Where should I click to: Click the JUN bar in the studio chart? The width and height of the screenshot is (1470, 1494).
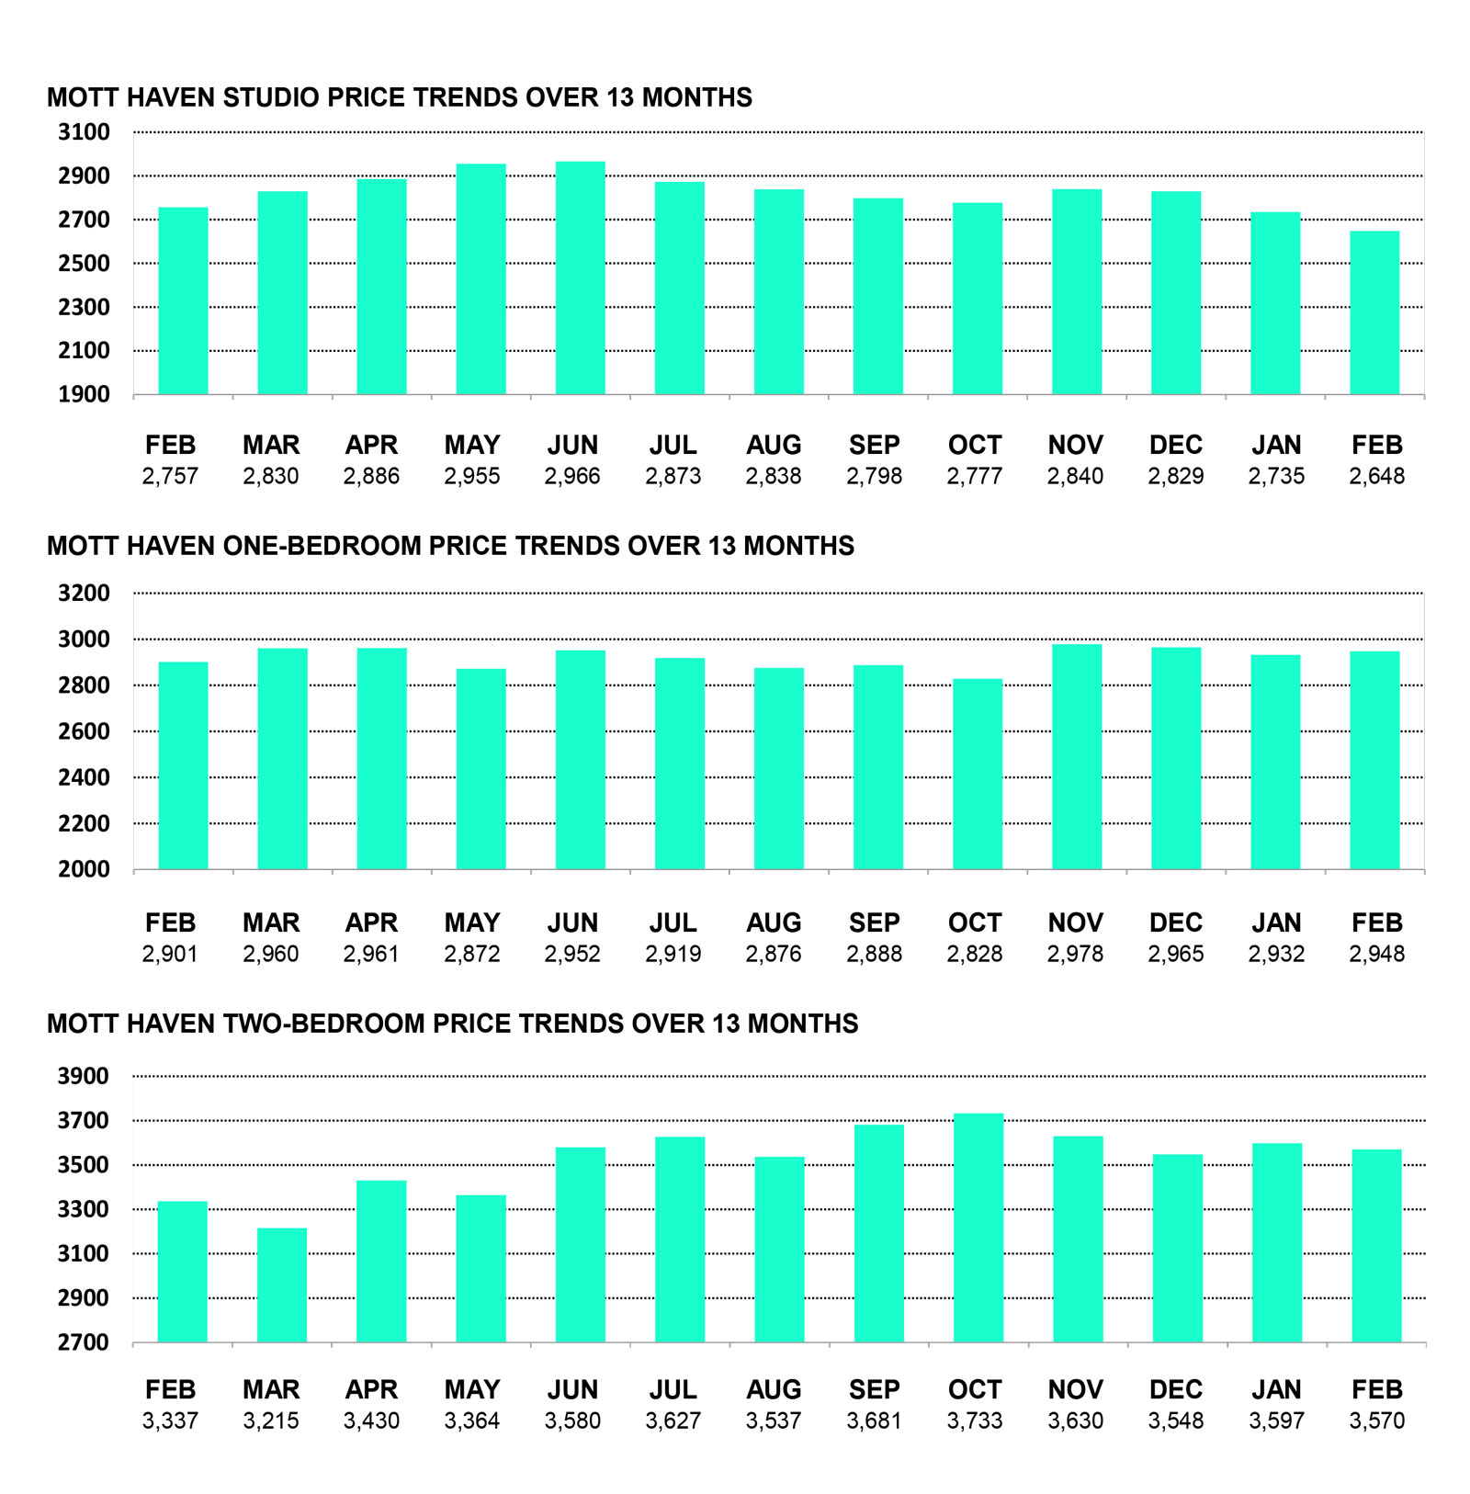(x=581, y=278)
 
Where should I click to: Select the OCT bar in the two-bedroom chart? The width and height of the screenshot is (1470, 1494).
(x=978, y=1228)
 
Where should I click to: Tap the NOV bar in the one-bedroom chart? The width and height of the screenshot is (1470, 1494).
(x=1077, y=757)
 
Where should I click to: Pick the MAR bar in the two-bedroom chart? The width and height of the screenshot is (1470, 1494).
(x=282, y=1285)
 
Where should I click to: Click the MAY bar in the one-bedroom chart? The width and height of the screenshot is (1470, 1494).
(x=481, y=769)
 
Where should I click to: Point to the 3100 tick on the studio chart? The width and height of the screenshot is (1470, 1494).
(x=85, y=132)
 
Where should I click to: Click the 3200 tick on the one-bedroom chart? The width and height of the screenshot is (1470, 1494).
(x=85, y=594)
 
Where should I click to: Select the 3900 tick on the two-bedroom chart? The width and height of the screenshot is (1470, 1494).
(x=85, y=1076)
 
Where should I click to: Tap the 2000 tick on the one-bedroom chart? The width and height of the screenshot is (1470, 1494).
(x=85, y=869)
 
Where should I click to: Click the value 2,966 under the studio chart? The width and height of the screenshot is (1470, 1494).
(x=572, y=476)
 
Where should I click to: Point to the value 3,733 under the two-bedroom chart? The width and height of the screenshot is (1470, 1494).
(x=975, y=1420)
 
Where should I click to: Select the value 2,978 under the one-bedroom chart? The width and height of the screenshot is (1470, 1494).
(x=1075, y=954)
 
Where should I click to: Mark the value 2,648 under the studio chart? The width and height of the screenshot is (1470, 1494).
(x=1376, y=476)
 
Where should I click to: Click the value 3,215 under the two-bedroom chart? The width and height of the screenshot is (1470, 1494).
(x=271, y=1420)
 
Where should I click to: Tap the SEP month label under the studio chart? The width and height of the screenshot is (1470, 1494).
(x=874, y=446)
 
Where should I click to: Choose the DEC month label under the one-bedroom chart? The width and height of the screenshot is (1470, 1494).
(x=1175, y=922)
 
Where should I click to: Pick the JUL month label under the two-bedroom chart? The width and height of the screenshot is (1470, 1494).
(x=673, y=1389)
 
